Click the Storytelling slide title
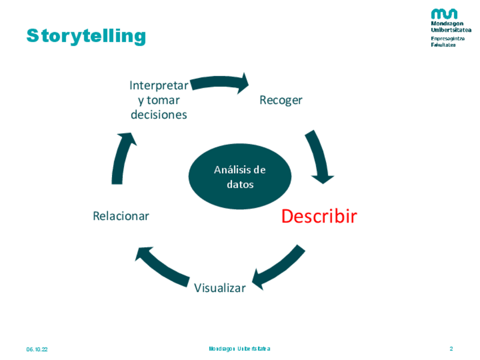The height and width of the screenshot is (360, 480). (x=86, y=36)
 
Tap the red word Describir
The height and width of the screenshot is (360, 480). (x=319, y=216)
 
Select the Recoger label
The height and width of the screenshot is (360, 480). (x=281, y=100)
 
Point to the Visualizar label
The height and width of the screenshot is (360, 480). (x=220, y=288)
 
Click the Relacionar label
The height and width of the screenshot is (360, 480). (x=121, y=216)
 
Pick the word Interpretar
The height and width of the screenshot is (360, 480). (x=158, y=85)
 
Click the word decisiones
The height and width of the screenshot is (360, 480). (x=158, y=114)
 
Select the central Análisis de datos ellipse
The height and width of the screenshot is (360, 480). (x=240, y=177)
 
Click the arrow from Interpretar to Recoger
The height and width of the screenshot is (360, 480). (x=221, y=84)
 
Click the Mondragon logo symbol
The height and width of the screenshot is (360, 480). (x=444, y=14)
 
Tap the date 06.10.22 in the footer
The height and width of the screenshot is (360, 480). (x=37, y=349)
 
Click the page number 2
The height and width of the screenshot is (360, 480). (x=451, y=349)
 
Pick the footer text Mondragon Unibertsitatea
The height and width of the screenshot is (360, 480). (x=239, y=349)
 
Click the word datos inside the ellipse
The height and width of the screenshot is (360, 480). (x=240, y=185)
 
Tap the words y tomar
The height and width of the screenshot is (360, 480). (x=158, y=100)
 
